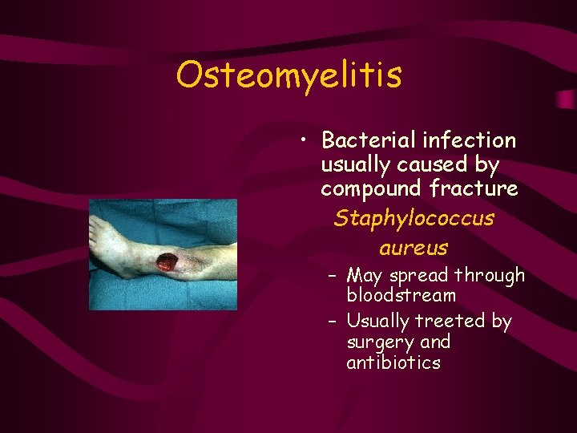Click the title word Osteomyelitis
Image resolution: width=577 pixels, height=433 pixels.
click(288, 75)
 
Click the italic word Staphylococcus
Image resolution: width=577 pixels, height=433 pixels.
click(414, 218)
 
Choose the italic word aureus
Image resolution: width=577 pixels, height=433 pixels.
click(414, 248)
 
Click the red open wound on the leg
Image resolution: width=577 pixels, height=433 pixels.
click(167, 261)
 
